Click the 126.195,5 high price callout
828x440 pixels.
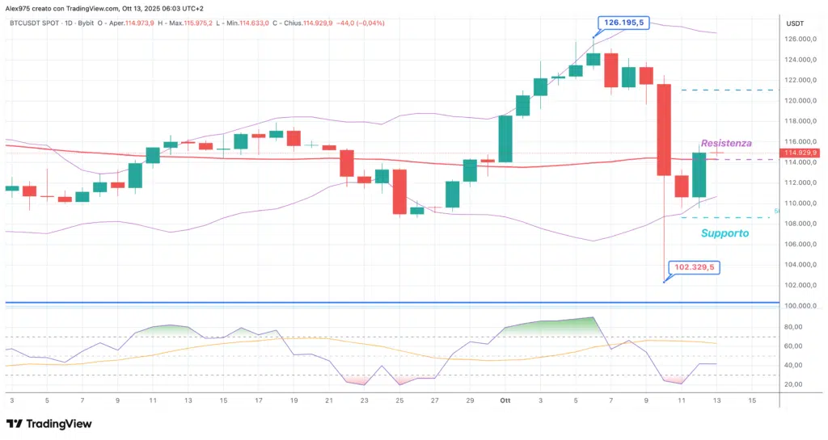point(621,23)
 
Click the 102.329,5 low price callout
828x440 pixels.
point(695,268)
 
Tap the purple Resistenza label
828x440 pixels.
point(725,143)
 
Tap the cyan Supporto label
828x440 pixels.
point(724,233)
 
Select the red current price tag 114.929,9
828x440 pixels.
point(801,153)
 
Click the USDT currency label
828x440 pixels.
point(795,23)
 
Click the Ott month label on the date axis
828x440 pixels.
point(505,400)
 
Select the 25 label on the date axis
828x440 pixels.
point(399,400)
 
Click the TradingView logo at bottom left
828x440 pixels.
point(49,424)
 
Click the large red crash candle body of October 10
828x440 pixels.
point(664,129)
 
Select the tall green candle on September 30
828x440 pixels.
point(505,139)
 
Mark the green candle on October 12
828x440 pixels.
point(699,174)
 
